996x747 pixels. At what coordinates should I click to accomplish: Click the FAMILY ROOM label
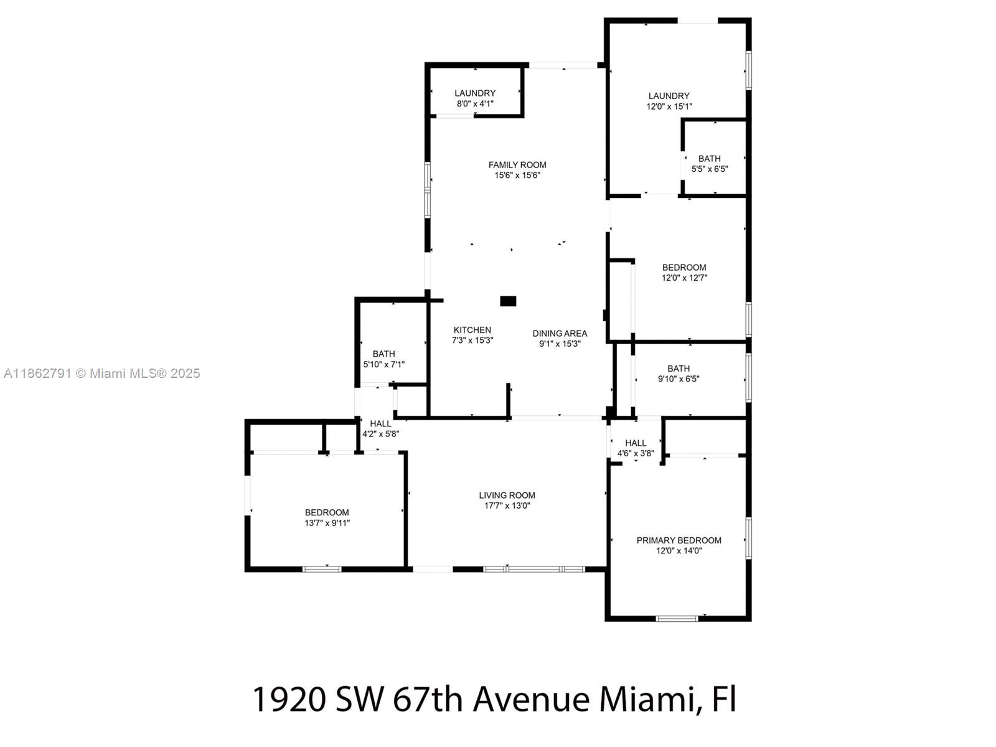point(517,165)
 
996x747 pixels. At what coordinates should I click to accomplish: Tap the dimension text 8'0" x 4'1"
point(475,104)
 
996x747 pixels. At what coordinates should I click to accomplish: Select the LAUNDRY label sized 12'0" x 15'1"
point(669,96)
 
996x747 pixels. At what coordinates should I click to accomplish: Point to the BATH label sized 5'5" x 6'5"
point(709,159)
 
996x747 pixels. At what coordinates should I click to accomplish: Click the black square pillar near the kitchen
point(508,301)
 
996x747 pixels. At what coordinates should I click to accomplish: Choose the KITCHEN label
point(472,330)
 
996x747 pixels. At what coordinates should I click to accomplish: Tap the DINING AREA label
point(560,334)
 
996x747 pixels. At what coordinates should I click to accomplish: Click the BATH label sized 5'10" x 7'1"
point(383,354)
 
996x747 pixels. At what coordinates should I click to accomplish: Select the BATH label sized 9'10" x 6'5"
point(678,369)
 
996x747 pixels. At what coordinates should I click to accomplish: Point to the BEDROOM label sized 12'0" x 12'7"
point(684,268)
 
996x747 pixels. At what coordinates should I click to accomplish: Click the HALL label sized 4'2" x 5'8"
point(380,424)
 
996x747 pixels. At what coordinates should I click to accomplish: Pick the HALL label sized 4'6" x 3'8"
point(636,443)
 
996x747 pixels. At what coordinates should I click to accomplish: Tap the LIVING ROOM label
point(507,496)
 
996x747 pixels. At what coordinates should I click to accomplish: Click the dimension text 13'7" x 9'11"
point(327,523)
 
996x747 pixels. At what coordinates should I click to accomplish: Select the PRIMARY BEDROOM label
point(679,540)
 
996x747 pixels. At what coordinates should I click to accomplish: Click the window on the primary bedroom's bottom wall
point(677,618)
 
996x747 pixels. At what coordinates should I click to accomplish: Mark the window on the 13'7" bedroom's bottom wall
point(322,568)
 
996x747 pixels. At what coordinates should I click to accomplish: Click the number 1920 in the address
point(289,699)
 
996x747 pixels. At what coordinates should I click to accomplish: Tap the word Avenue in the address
point(531,699)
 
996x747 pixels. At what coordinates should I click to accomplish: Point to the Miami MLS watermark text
point(101,374)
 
